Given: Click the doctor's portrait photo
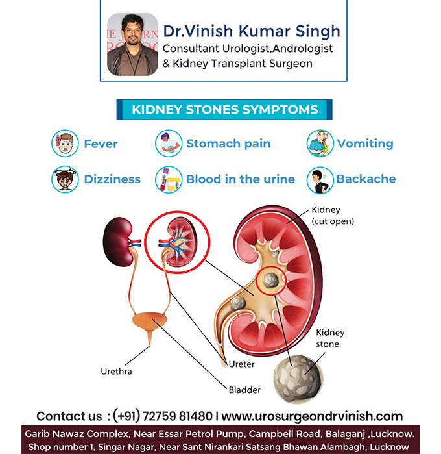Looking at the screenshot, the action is [132, 44].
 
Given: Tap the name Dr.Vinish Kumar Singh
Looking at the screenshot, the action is [252, 31].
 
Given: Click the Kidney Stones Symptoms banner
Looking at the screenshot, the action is [224, 110].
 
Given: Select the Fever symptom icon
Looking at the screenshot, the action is [65, 144].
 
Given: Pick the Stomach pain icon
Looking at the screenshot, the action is [169, 144].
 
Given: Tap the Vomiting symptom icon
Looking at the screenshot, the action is [320, 144].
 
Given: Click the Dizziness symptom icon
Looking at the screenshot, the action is [65, 179].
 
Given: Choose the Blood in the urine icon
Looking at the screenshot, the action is [169, 179].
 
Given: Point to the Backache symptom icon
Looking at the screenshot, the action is [320, 180].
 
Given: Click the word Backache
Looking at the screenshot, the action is [366, 179].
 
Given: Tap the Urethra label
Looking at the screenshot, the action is [116, 372].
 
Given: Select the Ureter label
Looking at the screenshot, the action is [242, 364].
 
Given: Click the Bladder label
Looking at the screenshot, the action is [244, 390].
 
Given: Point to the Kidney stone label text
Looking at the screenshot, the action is [330, 338].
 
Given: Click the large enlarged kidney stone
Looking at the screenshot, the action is [298, 379].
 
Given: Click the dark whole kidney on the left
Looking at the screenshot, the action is [118, 242].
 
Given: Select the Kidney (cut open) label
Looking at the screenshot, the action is [333, 216].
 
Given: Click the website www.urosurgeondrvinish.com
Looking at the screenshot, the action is [312, 416].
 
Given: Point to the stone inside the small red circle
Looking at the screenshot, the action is [270, 281].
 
